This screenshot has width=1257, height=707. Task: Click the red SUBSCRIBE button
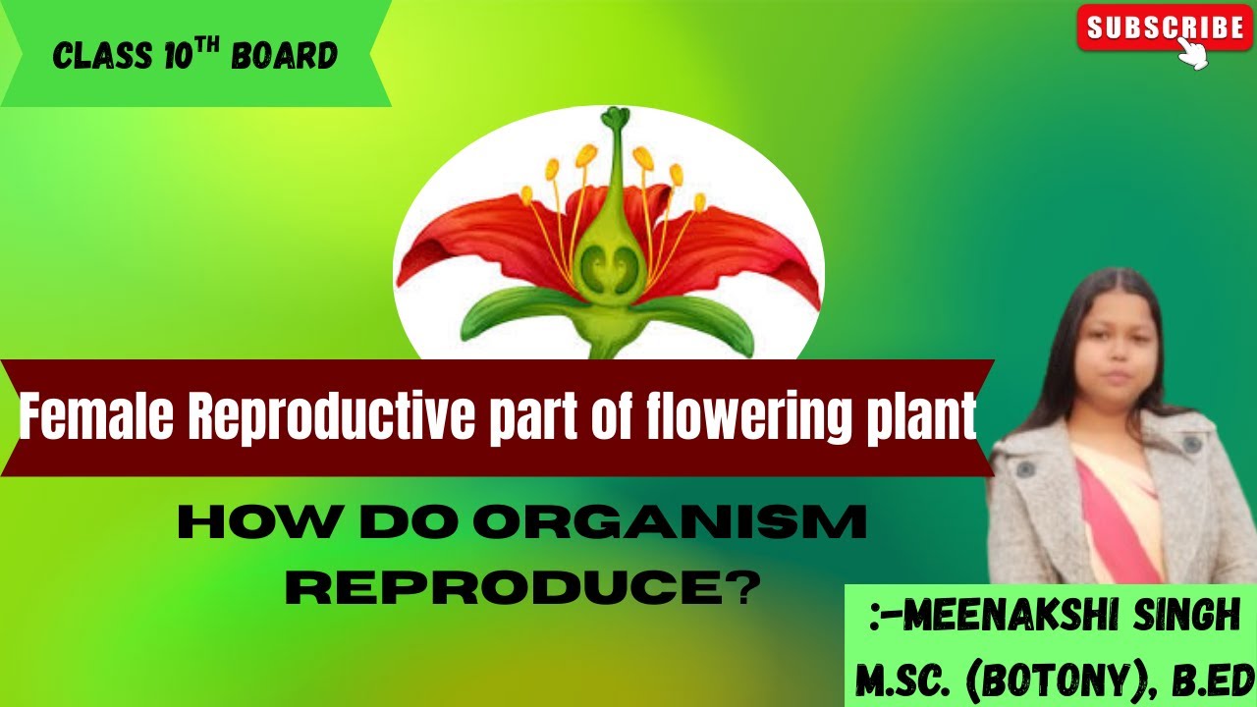(x=1165, y=27)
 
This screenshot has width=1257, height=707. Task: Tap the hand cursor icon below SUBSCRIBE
(x=1192, y=54)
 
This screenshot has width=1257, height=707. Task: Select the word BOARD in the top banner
(x=285, y=56)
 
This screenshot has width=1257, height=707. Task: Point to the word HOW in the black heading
(x=228, y=523)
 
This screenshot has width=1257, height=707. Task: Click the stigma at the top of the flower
(x=615, y=119)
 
